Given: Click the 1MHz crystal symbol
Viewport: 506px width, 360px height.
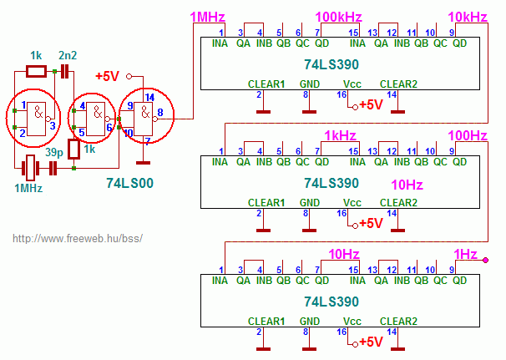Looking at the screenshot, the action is tap(30, 168).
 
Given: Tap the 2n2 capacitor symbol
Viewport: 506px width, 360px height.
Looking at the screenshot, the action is tap(65, 71).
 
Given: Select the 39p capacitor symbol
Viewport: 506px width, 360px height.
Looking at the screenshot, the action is tap(53, 168).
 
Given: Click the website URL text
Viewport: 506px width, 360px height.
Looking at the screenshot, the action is tap(78, 239).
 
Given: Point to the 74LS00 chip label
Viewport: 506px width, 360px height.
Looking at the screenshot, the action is tap(129, 183).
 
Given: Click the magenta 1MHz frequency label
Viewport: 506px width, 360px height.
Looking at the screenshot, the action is tap(208, 17).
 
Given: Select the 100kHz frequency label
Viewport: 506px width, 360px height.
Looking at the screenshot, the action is tap(338, 17).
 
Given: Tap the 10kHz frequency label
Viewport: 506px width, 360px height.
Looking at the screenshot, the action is tap(468, 17).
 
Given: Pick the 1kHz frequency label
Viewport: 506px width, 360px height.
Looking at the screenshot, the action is tap(340, 135).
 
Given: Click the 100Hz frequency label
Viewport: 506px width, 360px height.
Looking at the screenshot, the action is tap(468, 135).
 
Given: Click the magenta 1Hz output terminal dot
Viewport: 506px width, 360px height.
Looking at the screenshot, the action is tap(485, 260).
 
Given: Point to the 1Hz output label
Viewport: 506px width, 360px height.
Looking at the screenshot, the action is tap(465, 255).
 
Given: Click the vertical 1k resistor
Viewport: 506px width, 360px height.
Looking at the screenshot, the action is tap(74, 150).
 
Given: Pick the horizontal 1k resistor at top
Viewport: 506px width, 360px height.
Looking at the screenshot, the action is tap(36, 71).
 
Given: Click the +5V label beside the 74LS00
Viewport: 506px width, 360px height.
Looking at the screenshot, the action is tap(108, 77).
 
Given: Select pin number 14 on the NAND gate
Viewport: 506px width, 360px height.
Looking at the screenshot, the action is tap(149, 97).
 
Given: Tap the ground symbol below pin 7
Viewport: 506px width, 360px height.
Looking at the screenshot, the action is tap(143, 163).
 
